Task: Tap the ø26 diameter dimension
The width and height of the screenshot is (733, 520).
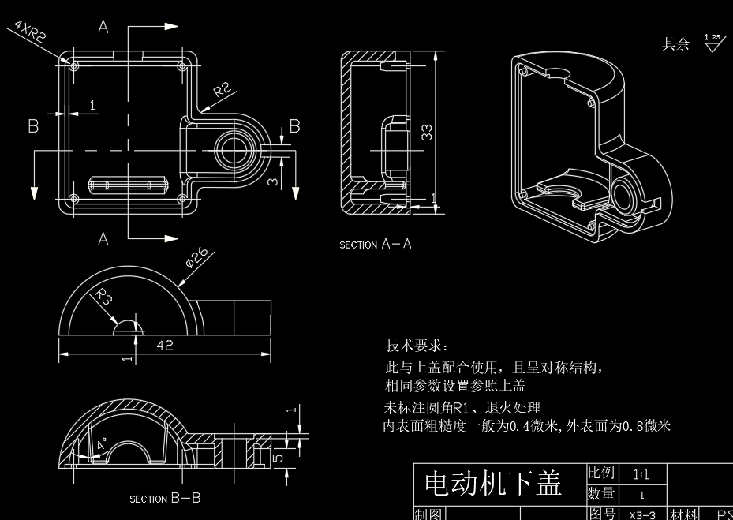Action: [196, 258]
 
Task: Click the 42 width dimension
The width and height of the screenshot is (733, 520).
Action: [165, 345]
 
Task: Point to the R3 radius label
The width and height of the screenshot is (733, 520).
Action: [104, 297]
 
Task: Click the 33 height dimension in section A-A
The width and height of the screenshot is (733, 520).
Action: [427, 131]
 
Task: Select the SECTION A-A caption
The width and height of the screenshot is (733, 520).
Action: [376, 245]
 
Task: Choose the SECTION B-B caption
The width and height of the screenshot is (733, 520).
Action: [165, 499]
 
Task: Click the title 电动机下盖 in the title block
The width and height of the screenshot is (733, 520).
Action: [492, 484]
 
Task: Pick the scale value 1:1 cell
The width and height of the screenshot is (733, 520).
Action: [641, 474]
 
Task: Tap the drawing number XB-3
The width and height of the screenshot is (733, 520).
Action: [641, 514]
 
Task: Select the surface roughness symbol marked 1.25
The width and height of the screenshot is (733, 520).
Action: [713, 43]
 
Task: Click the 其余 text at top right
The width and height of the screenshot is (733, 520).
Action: [675, 43]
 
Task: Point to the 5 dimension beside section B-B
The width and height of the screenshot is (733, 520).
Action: [277, 457]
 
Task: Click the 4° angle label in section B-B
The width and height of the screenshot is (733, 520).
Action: [101, 445]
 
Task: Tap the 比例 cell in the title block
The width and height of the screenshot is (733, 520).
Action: [601, 473]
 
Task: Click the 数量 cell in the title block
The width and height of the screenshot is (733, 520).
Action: [601, 494]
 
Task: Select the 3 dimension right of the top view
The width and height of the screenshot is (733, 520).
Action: [272, 181]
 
